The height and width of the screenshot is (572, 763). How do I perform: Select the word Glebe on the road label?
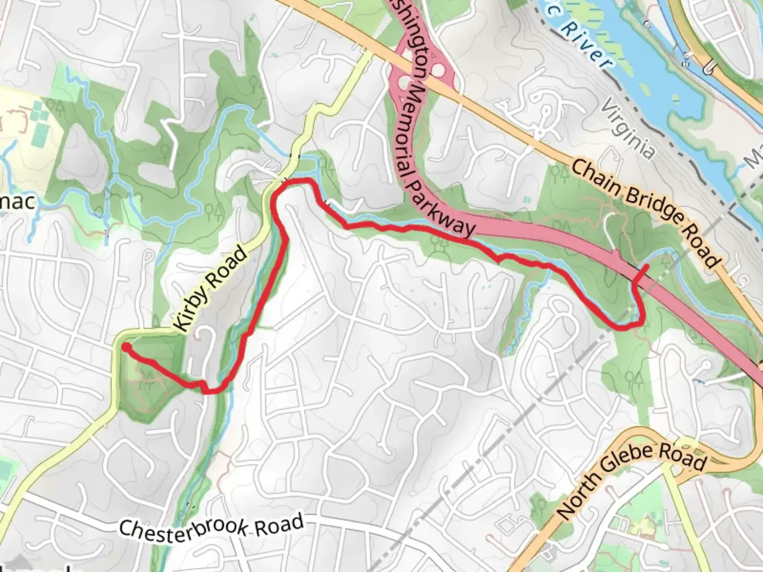pyautogui.click(x=634, y=462)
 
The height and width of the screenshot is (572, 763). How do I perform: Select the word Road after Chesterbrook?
pyautogui.click(x=279, y=524)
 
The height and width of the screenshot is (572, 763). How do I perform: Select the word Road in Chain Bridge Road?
pyautogui.click(x=703, y=249)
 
